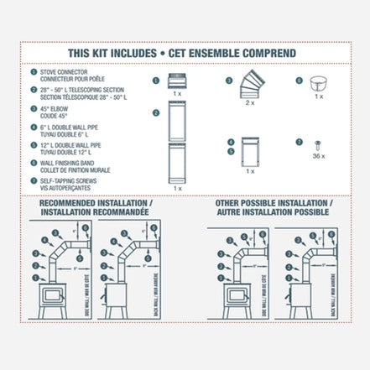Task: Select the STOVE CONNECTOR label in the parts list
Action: (66, 72)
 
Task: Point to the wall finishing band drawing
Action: (317, 84)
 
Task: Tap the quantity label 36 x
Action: (317, 158)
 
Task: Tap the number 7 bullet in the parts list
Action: (34, 178)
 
